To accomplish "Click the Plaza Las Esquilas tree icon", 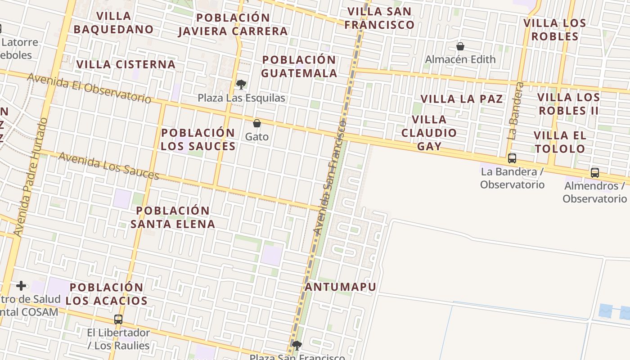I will pyautogui.click(x=241, y=84).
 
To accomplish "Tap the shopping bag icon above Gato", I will pyautogui.click(x=257, y=123).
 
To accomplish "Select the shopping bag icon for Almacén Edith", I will pyautogui.click(x=460, y=46).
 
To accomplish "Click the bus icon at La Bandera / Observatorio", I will pyautogui.click(x=512, y=158).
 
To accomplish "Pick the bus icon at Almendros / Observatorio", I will pyautogui.click(x=595, y=172).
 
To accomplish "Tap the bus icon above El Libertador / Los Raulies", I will pyautogui.click(x=118, y=319).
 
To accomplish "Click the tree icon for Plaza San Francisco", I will pyautogui.click(x=297, y=346).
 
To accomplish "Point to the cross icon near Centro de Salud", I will pyautogui.click(x=21, y=286).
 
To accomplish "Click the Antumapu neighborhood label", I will pyautogui.click(x=341, y=287).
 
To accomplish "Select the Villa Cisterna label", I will pyautogui.click(x=126, y=64).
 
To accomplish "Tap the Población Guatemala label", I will pyautogui.click(x=299, y=67).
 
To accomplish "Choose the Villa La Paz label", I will pyautogui.click(x=462, y=99).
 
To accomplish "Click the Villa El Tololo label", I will pyautogui.click(x=560, y=142).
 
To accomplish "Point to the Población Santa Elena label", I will pyautogui.click(x=173, y=217).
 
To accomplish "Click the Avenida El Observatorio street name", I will pyautogui.click(x=89, y=88).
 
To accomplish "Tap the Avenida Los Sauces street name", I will pyautogui.click(x=108, y=166).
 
